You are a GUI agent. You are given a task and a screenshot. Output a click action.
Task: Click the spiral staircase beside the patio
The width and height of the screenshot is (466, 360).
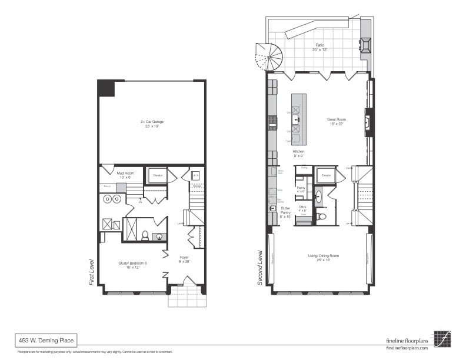(268, 57)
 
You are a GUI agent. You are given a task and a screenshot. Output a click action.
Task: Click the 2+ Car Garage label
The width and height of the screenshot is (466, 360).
(152, 124)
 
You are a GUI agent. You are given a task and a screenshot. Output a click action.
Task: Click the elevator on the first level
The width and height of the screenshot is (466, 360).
(157, 176)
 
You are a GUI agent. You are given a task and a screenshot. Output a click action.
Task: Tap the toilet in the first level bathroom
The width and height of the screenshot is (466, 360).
(144, 236)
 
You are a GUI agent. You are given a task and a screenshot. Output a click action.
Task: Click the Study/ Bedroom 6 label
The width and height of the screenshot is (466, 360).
(132, 265)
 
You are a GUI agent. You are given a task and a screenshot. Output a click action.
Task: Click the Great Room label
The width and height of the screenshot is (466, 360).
(336, 122)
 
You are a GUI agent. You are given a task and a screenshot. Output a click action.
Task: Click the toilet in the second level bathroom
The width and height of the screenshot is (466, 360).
(321, 216)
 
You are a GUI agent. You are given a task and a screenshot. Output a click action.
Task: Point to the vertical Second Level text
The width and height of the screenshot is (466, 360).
(259, 268)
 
